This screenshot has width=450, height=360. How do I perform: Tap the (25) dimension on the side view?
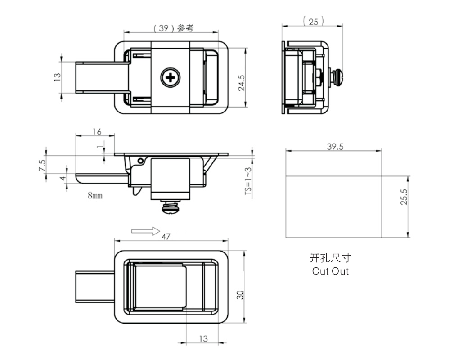(313, 22)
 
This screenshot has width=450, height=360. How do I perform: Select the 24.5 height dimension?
(241, 83)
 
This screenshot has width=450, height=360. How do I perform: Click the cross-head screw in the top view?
(171, 77)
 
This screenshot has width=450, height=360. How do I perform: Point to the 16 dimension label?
(97, 131)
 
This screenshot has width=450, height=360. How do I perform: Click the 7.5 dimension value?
(42, 166)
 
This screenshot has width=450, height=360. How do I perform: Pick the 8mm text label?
(95, 196)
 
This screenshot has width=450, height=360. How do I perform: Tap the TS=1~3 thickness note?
(248, 181)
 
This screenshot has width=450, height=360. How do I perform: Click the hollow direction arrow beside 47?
(146, 231)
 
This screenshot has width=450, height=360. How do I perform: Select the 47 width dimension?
(166, 237)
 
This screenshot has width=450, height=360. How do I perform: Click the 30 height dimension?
(240, 295)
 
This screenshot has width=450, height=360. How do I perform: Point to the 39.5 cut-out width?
(335, 147)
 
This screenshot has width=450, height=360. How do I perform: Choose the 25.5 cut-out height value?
(404, 197)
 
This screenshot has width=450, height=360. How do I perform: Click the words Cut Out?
(330, 271)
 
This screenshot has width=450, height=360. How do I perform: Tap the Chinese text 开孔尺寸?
(330, 258)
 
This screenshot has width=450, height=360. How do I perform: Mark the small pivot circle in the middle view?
(140, 161)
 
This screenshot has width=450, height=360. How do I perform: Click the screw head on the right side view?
(339, 77)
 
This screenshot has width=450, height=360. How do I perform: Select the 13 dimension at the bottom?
(203, 339)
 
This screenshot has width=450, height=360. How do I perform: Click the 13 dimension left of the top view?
(58, 77)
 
